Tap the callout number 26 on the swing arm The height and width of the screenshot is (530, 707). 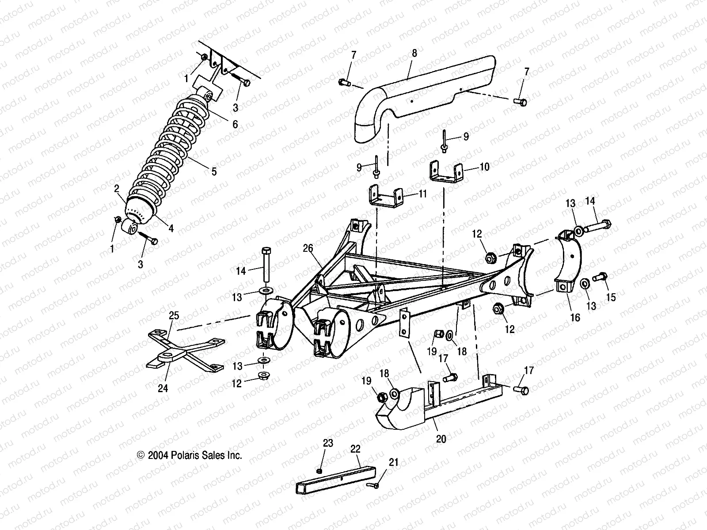click(308, 249)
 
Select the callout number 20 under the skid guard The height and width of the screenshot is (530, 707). click(441, 439)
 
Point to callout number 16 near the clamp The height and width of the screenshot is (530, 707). click(575, 318)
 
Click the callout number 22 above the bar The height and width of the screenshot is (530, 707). click(356, 449)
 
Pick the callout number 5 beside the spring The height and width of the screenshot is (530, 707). click(214, 172)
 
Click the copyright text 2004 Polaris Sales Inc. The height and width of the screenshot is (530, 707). click(190, 455)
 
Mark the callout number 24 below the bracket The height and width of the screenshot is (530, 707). click(163, 388)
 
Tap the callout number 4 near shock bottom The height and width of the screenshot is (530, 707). click(171, 228)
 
